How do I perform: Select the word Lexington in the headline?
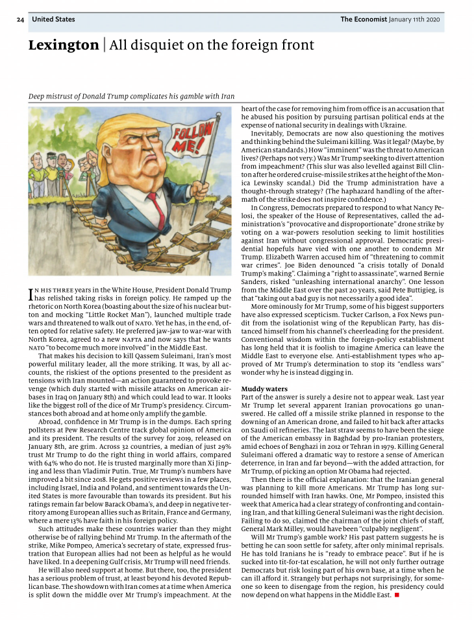(x=63, y=45)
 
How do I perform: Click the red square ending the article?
(x=396, y=595)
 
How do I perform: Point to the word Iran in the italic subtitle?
(x=227, y=97)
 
